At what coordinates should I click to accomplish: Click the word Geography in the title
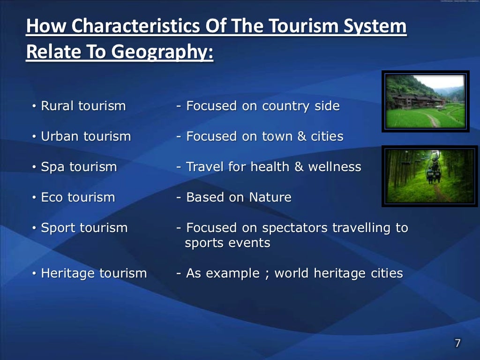point(159,52)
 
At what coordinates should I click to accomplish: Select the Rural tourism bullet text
point(83,106)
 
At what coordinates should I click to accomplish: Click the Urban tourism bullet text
point(86,136)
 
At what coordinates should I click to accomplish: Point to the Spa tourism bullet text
point(79,167)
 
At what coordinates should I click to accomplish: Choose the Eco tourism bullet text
point(78,197)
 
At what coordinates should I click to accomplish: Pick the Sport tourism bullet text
point(84,228)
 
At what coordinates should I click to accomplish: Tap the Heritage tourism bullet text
point(94,273)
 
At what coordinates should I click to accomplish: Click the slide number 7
point(457,344)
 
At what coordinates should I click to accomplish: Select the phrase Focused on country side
point(262,106)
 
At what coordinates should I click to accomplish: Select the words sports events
point(227,243)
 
